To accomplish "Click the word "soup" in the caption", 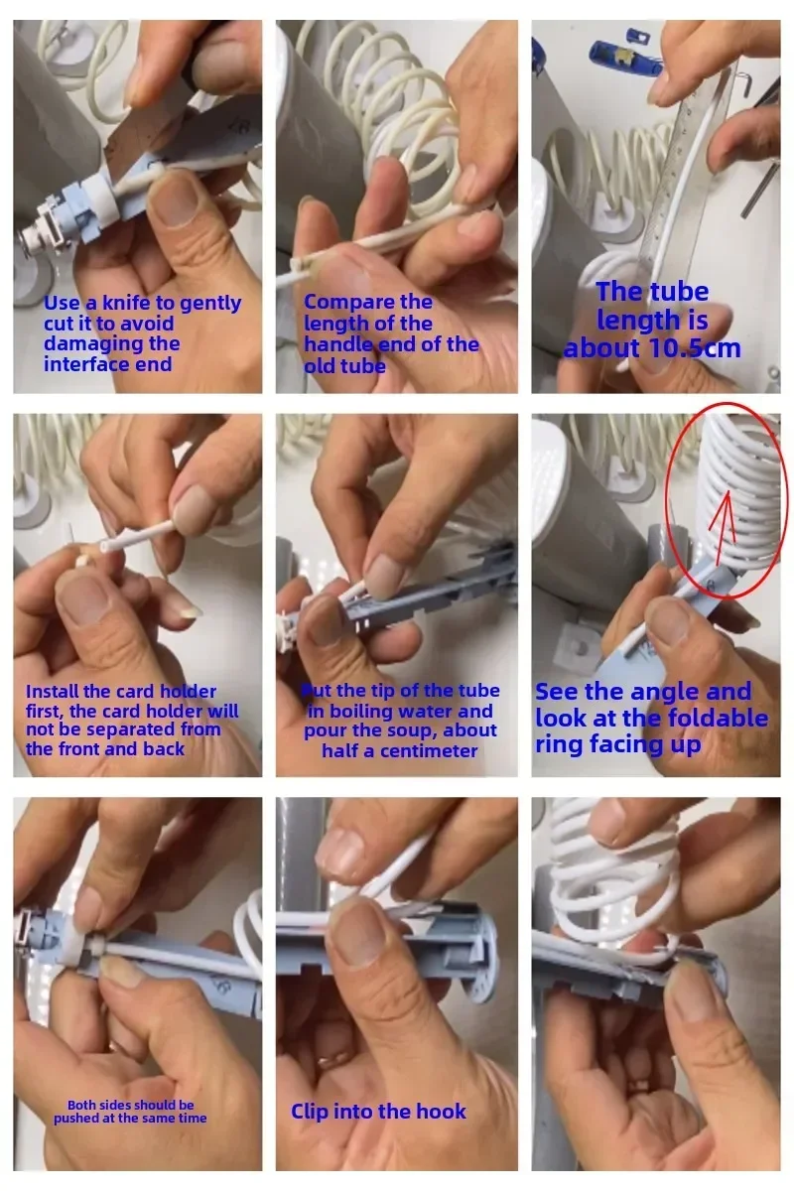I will pyautogui.click(x=413, y=731).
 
